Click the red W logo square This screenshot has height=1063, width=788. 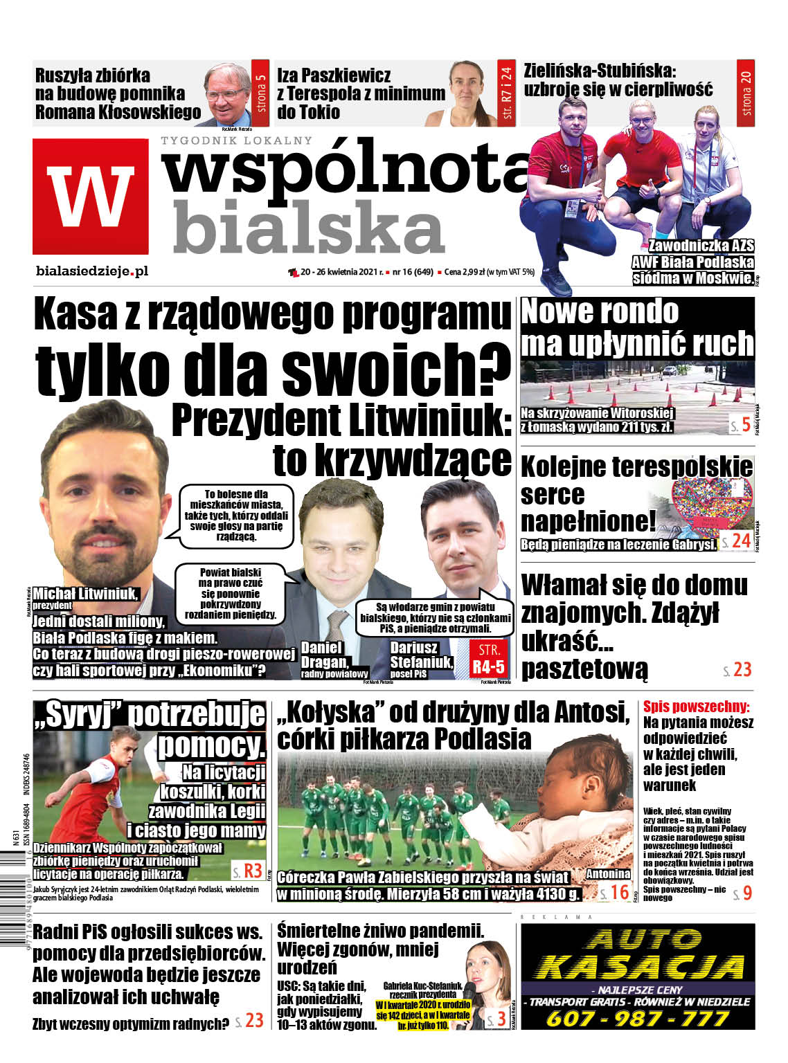pos(91,196)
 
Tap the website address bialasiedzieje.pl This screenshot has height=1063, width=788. pos(91,271)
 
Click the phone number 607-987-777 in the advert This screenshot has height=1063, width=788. pos(637,1018)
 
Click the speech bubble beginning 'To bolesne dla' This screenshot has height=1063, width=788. pos(236,514)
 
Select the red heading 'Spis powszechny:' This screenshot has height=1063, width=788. pos(696,707)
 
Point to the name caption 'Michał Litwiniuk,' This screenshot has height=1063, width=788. pos(86,593)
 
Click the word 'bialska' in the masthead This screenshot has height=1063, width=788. pos(308,226)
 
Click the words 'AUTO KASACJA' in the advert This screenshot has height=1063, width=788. pos(637,954)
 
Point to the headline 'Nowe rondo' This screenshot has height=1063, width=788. pos(600,311)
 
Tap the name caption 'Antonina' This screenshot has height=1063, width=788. pos(607,873)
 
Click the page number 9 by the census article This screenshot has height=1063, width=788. pos(746,893)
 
